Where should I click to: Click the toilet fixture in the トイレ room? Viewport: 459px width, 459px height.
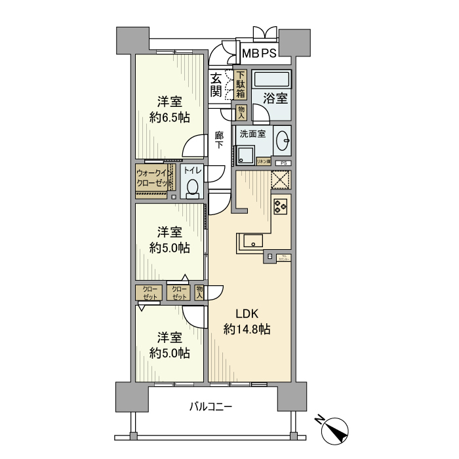pyautogui.click(x=192, y=189)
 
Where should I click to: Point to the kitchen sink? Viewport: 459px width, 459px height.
pyautogui.click(x=254, y=241)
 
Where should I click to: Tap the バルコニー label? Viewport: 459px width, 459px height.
pyautogui.click(x=211, y=407)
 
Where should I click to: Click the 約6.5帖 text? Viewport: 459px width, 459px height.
pyautogui.click(x=169, y=118)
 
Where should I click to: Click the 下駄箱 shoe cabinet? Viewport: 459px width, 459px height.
pyautogui.click(x=241, y=85)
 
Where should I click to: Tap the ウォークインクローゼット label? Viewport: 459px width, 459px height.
pyautogui.click(x=151, y=178)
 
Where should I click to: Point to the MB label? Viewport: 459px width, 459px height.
pyautogui.click(x=249, y=53)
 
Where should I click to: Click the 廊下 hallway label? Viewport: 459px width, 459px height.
pyautogui.click(x=220, y=140)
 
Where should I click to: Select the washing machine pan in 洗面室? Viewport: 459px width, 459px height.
pyautogui.click(x=246, y=155)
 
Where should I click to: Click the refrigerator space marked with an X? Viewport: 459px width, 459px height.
pyautogui.click(x=281, y=179)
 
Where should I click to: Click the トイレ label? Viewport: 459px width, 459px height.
pyautogui.click(x=192, y=170)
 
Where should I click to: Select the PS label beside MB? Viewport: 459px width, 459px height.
pyautogui.click(x=269, y=53)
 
